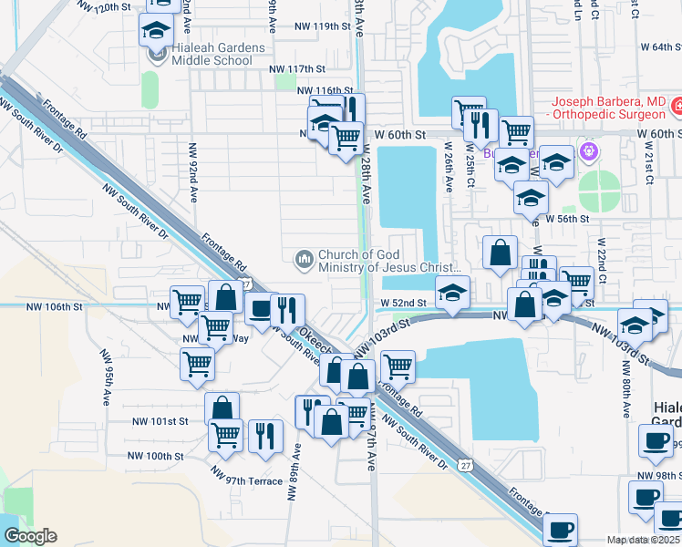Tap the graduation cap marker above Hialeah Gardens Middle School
pos(156,30)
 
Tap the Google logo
pos(30,535)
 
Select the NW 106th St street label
pos(55,307)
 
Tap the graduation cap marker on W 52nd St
pos(452,293)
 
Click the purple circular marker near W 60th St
pos(589,150)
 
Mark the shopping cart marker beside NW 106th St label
pos(187,301)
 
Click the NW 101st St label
pos(160,421)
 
